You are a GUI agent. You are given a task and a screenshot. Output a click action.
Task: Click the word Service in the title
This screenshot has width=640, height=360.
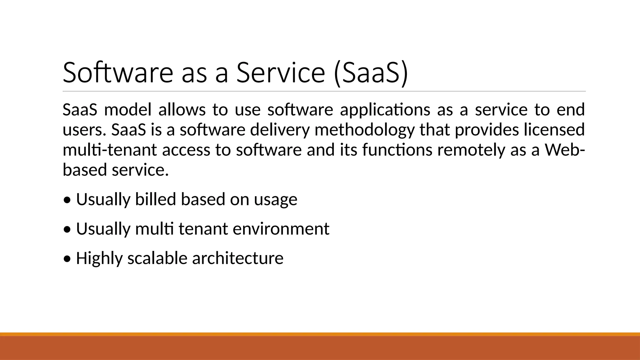[281, 72]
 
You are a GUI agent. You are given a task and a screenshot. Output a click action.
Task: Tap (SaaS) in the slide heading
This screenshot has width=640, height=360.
[371, 72]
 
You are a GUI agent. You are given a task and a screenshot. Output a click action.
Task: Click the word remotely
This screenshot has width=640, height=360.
[471, 150]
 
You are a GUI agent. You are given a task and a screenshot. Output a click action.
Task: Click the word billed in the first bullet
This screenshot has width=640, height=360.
[155, 199]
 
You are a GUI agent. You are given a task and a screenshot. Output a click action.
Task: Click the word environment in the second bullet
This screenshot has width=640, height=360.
[281, 229]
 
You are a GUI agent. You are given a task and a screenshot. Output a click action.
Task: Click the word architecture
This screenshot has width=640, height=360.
[237, 258]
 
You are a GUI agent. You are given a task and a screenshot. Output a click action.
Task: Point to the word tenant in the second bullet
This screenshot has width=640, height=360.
[203, 229]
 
